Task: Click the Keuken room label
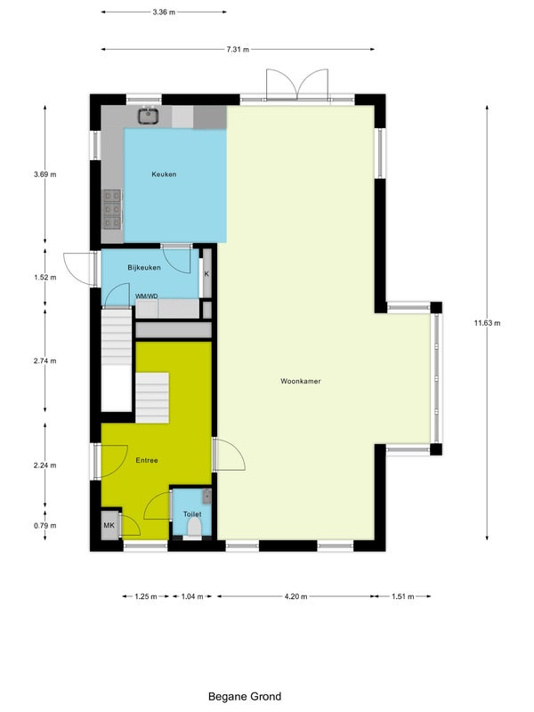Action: click(x=164, y=174)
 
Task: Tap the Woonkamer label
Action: click(x=301, y=382)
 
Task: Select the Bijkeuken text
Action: click(x=144, y=268)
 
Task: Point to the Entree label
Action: click(x=147, y=460)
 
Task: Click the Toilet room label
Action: click(x=192, y=514)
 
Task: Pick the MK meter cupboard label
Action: click(x=109, y=525)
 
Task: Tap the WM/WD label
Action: click(x=147, y=296)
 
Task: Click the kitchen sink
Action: click(x=148, y=116)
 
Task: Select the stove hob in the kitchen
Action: click(x=112, y=209)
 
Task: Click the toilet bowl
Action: click(x=195, y=528)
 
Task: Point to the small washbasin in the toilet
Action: click(x=206, y=497)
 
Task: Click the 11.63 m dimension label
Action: click(x=487, y=323)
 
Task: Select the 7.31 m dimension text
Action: click(x=238, y=50)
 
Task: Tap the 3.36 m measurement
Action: click(x=164, y=12)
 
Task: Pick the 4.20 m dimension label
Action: click(x=295, y=596)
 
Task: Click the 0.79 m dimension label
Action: click(x=45, y=526)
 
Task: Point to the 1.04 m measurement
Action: click(x=192, y=596)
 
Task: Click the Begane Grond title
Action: click(x=245, y=697)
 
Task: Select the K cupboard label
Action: click(x=206, y=274)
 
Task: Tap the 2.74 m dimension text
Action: click(x=45, y=361)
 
